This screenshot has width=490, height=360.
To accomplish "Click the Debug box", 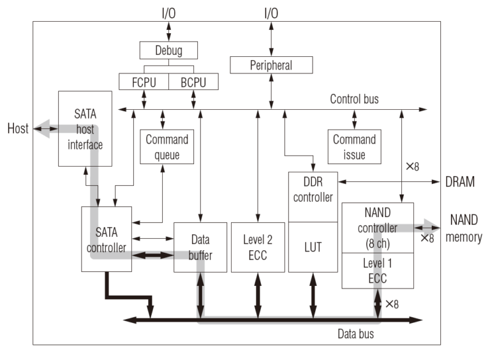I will pyautogui.click(x=168, y=50).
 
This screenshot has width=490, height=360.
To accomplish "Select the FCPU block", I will pyautogui.click(x=144, y=82).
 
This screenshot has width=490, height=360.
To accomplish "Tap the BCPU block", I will pyautogui.click(x=193, y=82).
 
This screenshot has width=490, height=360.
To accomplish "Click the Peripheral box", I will pyautogui.click(x=271, y=65).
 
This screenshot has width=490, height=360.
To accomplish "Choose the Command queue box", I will pyautogui.click(x=167, y=147).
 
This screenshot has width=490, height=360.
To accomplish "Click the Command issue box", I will pyautogui.click(x=354, y=147).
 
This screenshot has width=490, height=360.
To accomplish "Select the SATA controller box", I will pyautogui.click(x=107, y=239).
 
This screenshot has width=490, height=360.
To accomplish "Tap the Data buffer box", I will pyautogui.click(x=200, y=247).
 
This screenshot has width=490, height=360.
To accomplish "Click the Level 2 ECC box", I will pyautogui.click(x=258, y=247).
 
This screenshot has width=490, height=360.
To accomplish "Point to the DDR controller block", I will pyautogui.click(x=313, y=197).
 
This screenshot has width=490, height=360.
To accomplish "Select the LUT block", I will pyautogui.click(x=313, y=247).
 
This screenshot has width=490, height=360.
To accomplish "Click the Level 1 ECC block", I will pyautogui.click(x=378, y=270).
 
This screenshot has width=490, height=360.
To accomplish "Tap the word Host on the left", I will pyautogui.click(x=18, y=129).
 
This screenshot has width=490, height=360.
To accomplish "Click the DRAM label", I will pyautogui.click(x=460, y=182).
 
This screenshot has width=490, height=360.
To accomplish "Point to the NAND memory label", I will pyautogui.click(x=464, y=229).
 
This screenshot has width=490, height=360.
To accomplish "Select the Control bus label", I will pyautogui.click(x=354, y=100).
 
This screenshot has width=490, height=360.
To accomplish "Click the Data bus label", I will pyautogui.click(x=355, y=333).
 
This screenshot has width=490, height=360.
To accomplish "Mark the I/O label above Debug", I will pyautogui.click(x=168, y=13).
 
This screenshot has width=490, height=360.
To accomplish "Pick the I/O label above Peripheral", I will pyautogui.click(x=271, y=13).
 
